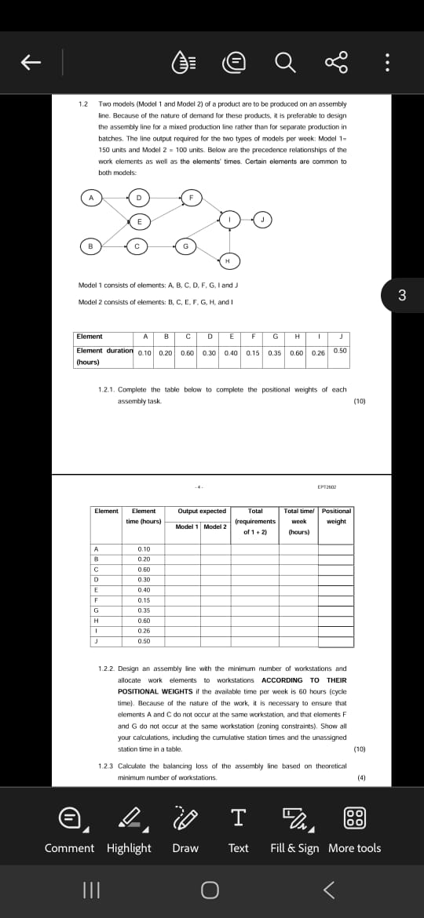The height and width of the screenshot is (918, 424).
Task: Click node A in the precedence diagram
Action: tap(90, 198)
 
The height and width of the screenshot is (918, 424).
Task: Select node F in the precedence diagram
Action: tap(191, 196)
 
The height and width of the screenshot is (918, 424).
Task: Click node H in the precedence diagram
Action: tap(228, 260)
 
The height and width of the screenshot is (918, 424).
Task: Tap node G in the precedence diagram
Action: tap(185, 246)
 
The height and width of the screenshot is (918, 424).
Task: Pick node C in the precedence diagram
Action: tap(137, 246)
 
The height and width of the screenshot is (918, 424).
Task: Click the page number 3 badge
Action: tap(402, 295)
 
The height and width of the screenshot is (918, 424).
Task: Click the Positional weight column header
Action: tap(336, 515)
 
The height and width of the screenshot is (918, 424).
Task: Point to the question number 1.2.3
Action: tap(106, 766)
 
